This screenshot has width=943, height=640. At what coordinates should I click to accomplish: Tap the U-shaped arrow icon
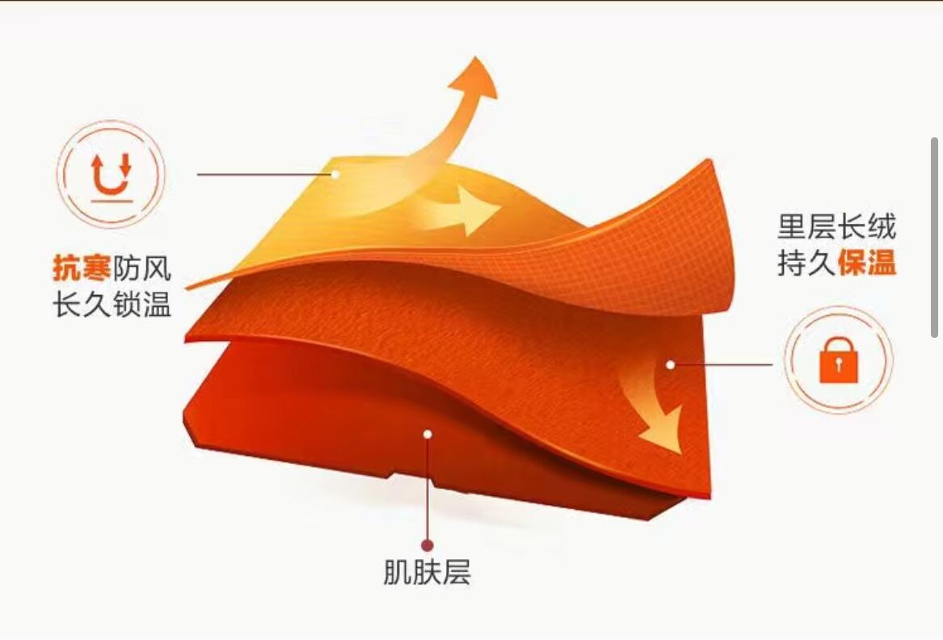[112, 175]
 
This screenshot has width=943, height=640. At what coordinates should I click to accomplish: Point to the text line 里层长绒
[836, 226]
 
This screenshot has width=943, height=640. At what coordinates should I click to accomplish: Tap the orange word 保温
[866, 263]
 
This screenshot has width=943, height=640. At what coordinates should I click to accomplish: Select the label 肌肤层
[426, 572]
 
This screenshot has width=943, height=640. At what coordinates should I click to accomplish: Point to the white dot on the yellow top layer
[335, 173]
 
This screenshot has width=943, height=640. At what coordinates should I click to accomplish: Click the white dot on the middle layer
[670, 364]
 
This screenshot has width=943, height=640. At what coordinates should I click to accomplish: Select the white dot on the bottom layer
[427, 434]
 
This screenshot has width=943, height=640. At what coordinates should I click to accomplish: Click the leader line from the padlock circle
[723, 364]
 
